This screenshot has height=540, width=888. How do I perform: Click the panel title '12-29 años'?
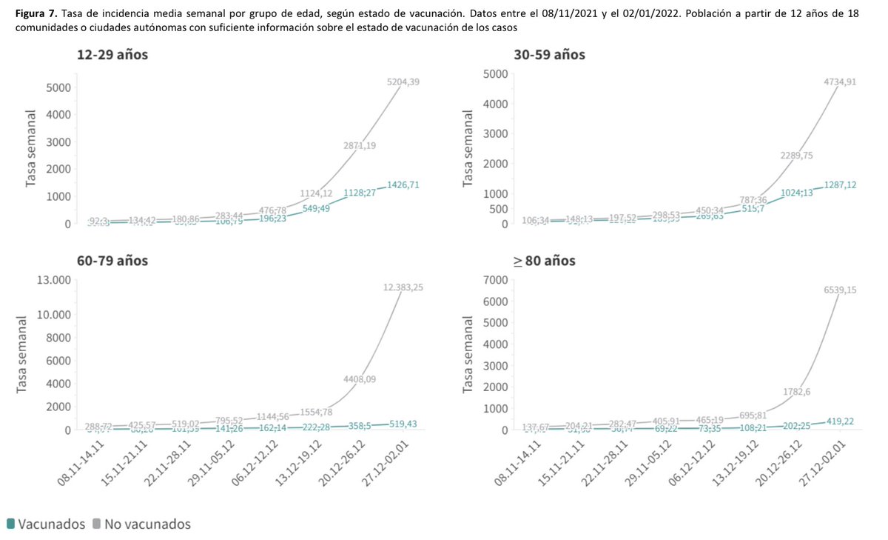112,54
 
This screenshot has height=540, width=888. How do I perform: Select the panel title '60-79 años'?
112,261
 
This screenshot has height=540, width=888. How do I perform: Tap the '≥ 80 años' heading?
545,261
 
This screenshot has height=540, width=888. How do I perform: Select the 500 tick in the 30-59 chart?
495,209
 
